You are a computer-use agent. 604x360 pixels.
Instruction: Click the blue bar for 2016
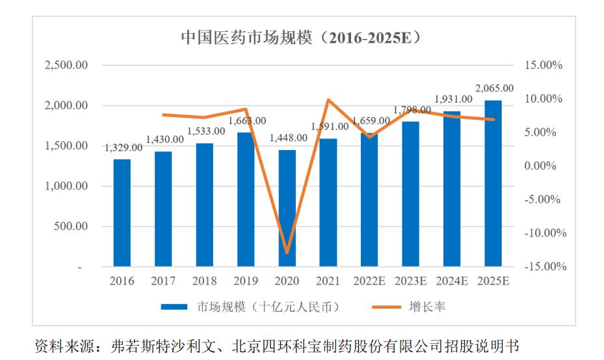tap(122, 213)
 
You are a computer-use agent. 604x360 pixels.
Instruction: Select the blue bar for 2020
tap(287, 208)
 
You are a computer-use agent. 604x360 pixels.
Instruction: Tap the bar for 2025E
tap(493, 183)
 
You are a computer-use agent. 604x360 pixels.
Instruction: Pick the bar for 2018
tap(204, 205)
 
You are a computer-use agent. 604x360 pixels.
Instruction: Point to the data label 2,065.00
tap(494, 88)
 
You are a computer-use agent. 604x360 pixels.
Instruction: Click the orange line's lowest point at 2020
tap(287, 253)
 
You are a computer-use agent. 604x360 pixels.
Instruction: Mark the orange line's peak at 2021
tap(328, 100)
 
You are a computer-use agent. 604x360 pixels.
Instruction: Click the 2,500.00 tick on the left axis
tap(66, 66)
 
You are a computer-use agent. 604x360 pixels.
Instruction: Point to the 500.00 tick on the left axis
tap(72, 227)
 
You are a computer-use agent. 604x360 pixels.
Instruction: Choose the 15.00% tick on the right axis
tap(542, 66)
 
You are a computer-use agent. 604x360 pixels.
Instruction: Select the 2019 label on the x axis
tap(246, 281)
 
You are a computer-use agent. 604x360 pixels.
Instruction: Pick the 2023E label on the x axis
tap(410, 281)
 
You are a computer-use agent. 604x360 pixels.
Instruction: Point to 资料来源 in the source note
tap(60, 346)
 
